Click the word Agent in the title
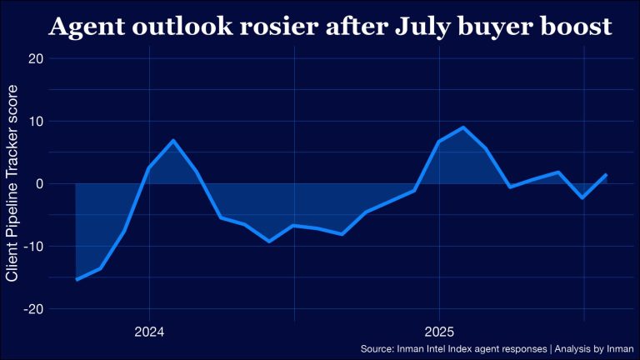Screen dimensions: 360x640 (x=86, y=27)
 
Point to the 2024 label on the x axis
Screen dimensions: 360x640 (x=148, y=330)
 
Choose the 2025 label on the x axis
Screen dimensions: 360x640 (x=439, y=330)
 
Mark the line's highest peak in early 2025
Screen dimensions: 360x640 (x=463, y=127)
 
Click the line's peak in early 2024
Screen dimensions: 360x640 (x=172, y=140)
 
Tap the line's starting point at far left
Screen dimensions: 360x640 (x=77, y=279)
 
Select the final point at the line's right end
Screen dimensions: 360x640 (x=606, y=175)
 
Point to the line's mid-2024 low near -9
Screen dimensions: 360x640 (x=269, y=241)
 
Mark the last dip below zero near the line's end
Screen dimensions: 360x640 (x=583, y=197)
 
